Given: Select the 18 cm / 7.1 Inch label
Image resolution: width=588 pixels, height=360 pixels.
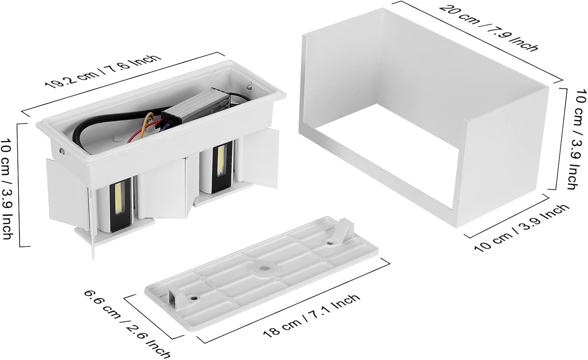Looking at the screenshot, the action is [311, 316].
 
